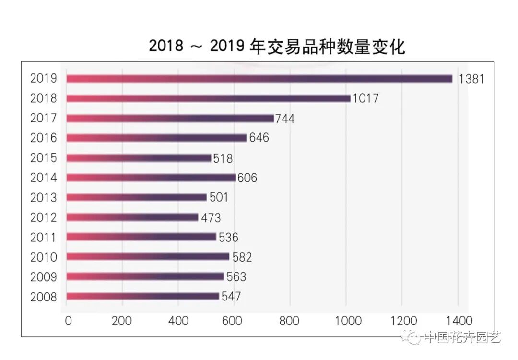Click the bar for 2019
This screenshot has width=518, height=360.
coord(259,79)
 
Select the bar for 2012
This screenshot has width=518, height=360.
coord(132,217)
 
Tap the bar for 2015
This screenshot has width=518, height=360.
coord(139,158)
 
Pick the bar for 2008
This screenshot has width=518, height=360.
coord(142,296)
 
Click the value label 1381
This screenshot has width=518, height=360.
coord(471,79)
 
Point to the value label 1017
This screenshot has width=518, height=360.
coord(365,98)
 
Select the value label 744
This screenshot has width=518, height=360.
coord(285,119)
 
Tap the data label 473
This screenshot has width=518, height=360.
coord(211,217)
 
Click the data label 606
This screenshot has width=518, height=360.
coord(247,178)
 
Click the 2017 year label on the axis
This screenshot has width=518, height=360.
coord(43,118)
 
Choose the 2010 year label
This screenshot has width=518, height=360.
coord(43,257)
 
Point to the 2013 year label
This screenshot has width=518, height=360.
coord(43,198)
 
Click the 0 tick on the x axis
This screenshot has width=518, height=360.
coord(68,321)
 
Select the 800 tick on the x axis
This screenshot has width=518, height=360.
coord(290,321)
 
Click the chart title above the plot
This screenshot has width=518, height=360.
coord(277,47)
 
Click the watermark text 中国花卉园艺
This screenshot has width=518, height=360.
coord(462,337)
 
